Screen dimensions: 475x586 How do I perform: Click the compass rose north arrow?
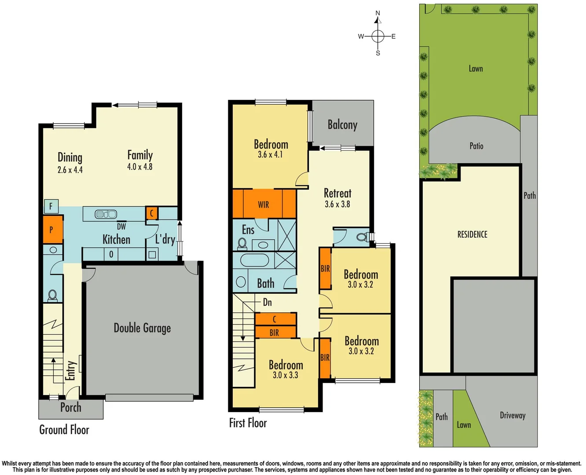tap(377, 19)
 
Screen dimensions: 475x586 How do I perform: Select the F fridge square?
tap(51, 206)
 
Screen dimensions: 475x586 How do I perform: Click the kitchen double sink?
tap(106, 214)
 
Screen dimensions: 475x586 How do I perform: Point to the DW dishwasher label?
tap(121, 227)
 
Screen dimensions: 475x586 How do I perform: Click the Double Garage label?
tap(142, 328)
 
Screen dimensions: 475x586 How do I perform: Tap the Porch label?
tap(71, 407)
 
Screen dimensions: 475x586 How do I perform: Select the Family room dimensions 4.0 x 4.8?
tap(140, 167)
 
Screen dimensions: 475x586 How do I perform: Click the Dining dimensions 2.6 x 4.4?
tap(70, 170)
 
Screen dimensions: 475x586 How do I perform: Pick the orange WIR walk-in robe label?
tap(264, 205)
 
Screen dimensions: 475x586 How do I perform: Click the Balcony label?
tap(342, 125)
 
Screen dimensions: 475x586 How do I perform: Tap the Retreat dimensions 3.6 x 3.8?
tap(337, 204)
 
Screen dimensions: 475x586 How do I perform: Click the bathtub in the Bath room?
tap(254, 260)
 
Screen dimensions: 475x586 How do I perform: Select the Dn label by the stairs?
tap(267, 302)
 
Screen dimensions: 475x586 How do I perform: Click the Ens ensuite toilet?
tap(242, 244)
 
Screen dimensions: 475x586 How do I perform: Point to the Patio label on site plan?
tap(476, 146)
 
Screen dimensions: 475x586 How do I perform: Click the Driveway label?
tap(513, 415)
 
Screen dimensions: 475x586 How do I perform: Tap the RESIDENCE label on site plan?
tap(472, 234)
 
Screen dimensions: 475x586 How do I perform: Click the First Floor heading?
tap(248, 423)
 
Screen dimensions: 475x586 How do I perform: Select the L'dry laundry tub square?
tap(152, 254)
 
